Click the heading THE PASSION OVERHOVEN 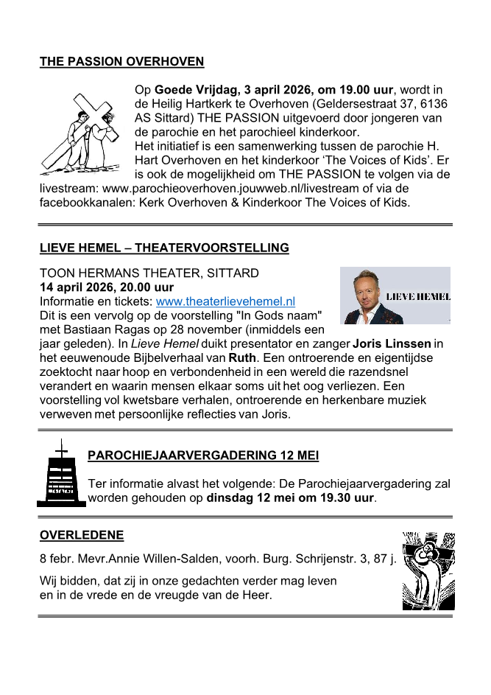(121, 62)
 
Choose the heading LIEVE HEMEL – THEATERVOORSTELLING (164, 248)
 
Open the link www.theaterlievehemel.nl (225, 301)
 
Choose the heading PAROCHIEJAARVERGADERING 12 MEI (203, 455)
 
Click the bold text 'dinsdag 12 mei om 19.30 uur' (291, 497)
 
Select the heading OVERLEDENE (82, 535)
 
